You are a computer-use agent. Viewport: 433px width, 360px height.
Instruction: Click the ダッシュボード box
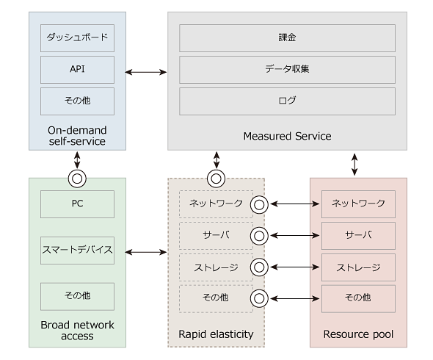[x=77, y=38]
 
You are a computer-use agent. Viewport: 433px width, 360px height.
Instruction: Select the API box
[x=77, y=70]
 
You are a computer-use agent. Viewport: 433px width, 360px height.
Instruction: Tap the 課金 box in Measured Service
[x=287, y=38]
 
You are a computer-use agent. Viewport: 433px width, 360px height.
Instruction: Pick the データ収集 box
[x=287, y=70]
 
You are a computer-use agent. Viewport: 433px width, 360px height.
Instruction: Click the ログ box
[x=287, y=101]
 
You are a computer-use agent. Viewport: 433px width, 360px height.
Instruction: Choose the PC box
[x=77, y=204]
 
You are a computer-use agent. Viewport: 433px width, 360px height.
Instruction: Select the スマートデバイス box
[x=77, y=251]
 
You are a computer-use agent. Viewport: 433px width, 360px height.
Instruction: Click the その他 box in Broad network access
[x=77, y=296]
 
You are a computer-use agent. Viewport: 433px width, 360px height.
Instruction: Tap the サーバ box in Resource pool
[x=358, y=236]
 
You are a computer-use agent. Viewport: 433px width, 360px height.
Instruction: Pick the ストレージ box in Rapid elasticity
[x=216, y=267]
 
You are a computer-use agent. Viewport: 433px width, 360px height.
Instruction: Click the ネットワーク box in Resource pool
[x=358, y=204]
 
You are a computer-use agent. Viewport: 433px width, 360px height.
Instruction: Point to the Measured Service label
[x=287, y=136]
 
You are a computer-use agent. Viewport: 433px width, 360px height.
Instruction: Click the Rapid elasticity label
[x=216, y=334]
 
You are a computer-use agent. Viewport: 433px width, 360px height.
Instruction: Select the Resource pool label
[x=358, y=334]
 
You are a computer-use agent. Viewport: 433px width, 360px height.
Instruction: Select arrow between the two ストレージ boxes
[x=295, y=267]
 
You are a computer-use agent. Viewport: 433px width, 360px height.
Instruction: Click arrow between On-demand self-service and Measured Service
[x=146, y=72]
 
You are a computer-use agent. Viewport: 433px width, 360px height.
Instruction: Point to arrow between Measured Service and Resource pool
[x=354, y=165]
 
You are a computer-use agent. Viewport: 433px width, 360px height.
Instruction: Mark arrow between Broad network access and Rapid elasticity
[x=146, y=252]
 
